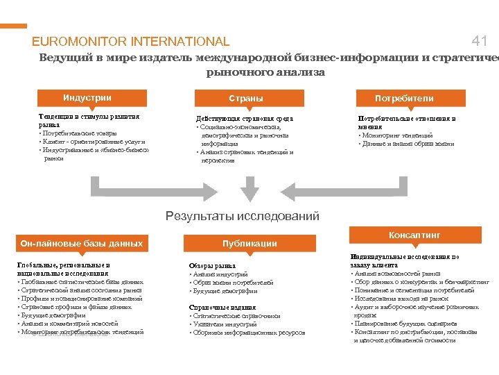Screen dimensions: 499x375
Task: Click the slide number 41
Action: coord(480,41)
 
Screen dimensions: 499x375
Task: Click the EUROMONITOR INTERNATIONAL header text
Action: coord(130,42)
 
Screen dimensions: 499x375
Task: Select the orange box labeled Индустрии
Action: coord(87,98)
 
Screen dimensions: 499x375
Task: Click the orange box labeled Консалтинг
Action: coord(414,235)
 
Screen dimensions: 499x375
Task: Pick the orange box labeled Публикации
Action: coord(249,243)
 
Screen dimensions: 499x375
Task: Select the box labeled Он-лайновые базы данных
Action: coord(82,243)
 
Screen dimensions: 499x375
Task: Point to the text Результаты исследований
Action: coord(243,217)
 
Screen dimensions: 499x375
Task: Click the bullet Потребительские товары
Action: coord(79,133)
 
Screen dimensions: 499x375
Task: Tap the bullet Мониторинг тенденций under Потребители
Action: coord(398,135)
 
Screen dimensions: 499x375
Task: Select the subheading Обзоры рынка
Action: coord(212,266)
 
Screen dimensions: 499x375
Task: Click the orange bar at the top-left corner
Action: coord(13,26)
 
